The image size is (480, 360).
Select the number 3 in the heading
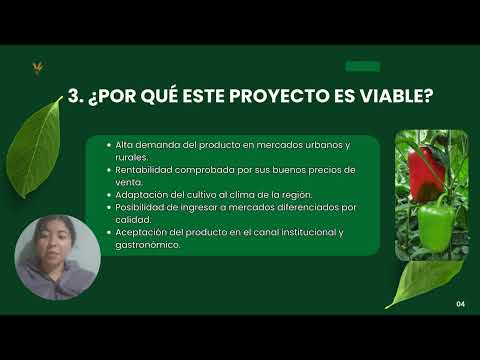tap(73, 97)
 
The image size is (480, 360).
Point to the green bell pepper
tap(435, 225)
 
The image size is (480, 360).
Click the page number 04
tap(461, 303)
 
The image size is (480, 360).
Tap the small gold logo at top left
tap(38, 68)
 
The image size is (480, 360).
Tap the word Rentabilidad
tap(139, 170)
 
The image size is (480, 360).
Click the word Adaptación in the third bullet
tap(137, 194)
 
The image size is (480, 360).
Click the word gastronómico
tap(148, 244)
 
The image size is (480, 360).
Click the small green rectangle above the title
tap(362, 67)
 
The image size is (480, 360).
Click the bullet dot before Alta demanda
tap(108, 145)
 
